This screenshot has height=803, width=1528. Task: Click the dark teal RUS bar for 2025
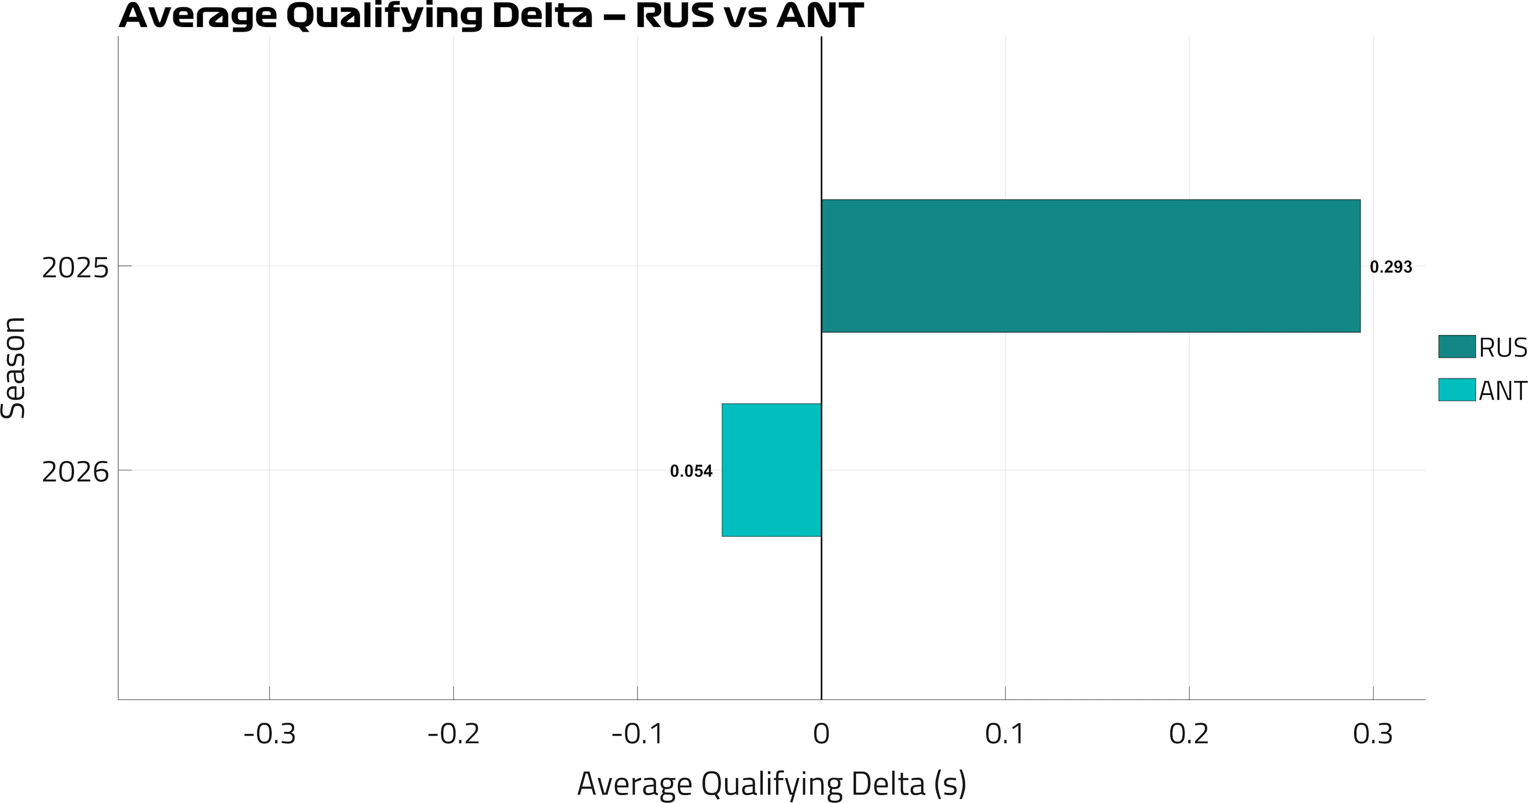tap(1090, 266)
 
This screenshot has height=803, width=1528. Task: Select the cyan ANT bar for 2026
tap(771, 470)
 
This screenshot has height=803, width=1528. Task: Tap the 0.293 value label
tap(1391, 267)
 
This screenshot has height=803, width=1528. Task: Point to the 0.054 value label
tap(691, 471)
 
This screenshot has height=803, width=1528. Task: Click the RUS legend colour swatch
tap(1456, 346)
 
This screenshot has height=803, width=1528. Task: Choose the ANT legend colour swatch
tap(1456, 390)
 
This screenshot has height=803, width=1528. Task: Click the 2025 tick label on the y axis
tap(75, 268)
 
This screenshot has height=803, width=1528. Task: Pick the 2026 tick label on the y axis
tap(75, 472)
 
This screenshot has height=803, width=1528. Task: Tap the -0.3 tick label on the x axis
tap(269, 734)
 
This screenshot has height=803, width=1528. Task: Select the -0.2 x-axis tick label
tap(453, 734)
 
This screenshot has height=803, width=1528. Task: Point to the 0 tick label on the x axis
tap(821, 734)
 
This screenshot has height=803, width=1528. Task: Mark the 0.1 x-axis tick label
tap(1005, 734)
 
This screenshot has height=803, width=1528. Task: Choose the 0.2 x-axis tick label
tap(1189, 734)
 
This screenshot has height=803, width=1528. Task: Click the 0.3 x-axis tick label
tap(1373, 734)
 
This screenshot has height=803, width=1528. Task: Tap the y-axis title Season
tap(13, 367)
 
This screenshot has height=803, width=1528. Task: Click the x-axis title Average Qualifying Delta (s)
tap(771, 784)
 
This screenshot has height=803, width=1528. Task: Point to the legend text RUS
tap(1502, 348)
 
